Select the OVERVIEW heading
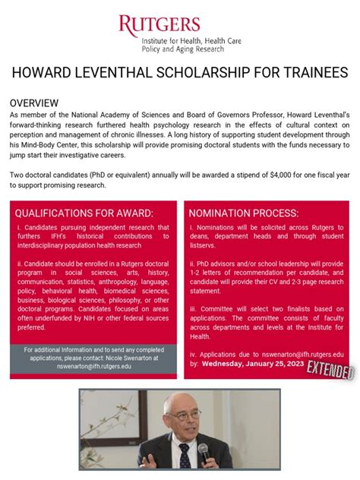click(34, 103)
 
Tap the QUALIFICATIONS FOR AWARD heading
click(84, 213)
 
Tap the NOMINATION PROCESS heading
click(244, 213)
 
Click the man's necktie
click(184, 456)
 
